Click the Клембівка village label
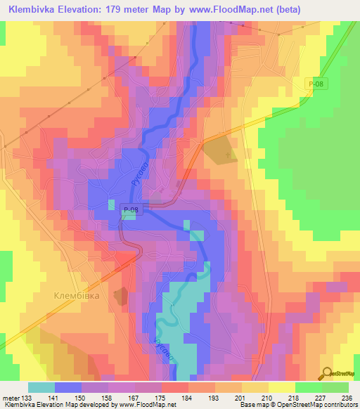pyautogui.click(x=77, y=297)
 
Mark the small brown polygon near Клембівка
pyautogui.click(x=122, y=296)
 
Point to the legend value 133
pyautogui.click(x=27, y=398)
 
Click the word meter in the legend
pyautogui.click(x=10, y=398)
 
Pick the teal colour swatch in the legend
pyautogui.click(x=41, y=387)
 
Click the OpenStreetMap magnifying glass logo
pyautogui.click(x=326, y=374)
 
